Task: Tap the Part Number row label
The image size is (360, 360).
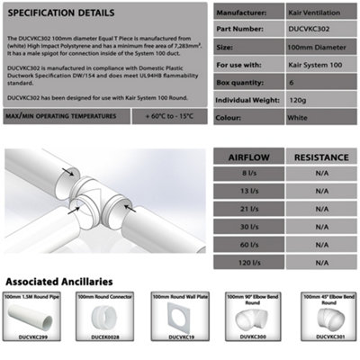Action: click(x=241, y=28)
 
